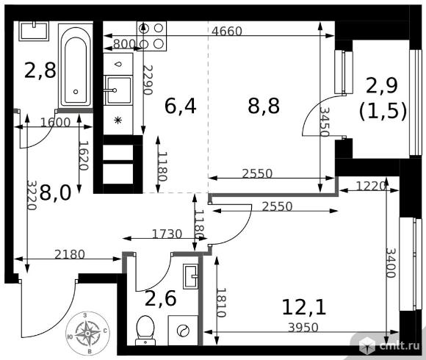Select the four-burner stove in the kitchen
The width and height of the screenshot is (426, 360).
click(x=151, y=36)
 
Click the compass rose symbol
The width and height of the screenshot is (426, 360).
click(x=87, y=334)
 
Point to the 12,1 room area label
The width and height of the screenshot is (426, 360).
click(x=304, y=307)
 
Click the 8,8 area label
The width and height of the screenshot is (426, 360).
click(x=264, y=106)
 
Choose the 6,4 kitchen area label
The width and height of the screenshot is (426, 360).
click(x=181, y=106)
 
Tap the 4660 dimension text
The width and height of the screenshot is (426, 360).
click(x=226, y=32)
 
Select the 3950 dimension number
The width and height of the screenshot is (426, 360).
click(x=303, y=328)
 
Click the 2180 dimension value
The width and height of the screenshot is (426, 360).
click(x=70, y=255)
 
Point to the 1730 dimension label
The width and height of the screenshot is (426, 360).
click(x=167, y=234)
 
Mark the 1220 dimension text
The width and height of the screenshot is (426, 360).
click(x=371, y=187)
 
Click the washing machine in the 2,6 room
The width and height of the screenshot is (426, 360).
click(x=183, y=331)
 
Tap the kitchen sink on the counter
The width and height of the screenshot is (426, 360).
click(x=118, y=90)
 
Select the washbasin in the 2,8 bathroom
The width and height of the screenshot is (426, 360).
click(x=34, y=32)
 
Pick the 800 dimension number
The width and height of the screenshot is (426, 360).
click(x=124, y=44)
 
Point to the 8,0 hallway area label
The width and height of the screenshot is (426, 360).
click(x=55, y=192)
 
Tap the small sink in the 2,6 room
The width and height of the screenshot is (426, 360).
click(x=190, y=276)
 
